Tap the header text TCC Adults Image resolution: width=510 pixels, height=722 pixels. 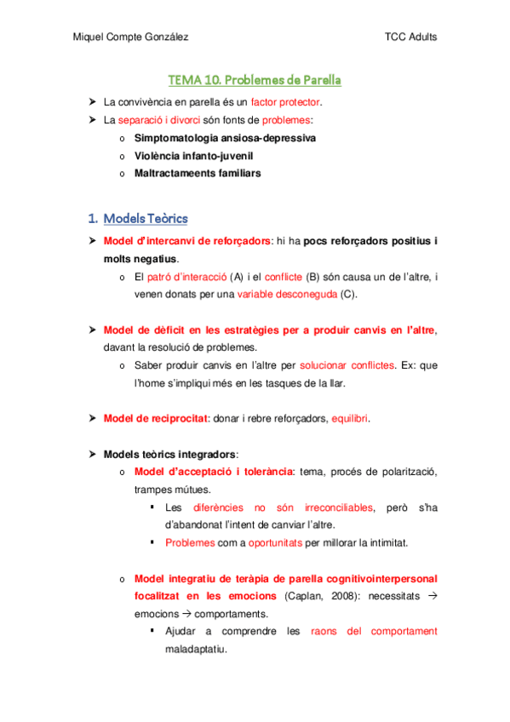[x=411, y=37]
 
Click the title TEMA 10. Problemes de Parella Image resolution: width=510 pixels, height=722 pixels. [x=255, y=81]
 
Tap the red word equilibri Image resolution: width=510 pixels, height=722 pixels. [x=350, y=418]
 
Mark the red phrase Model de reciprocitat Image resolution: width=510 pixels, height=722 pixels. [x=155, y=418]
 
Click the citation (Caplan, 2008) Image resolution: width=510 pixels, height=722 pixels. [x=319, y=595]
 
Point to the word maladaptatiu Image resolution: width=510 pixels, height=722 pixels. [x=196, y=649]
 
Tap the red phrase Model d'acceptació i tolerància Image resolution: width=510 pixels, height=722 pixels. [x=213, y=472]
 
